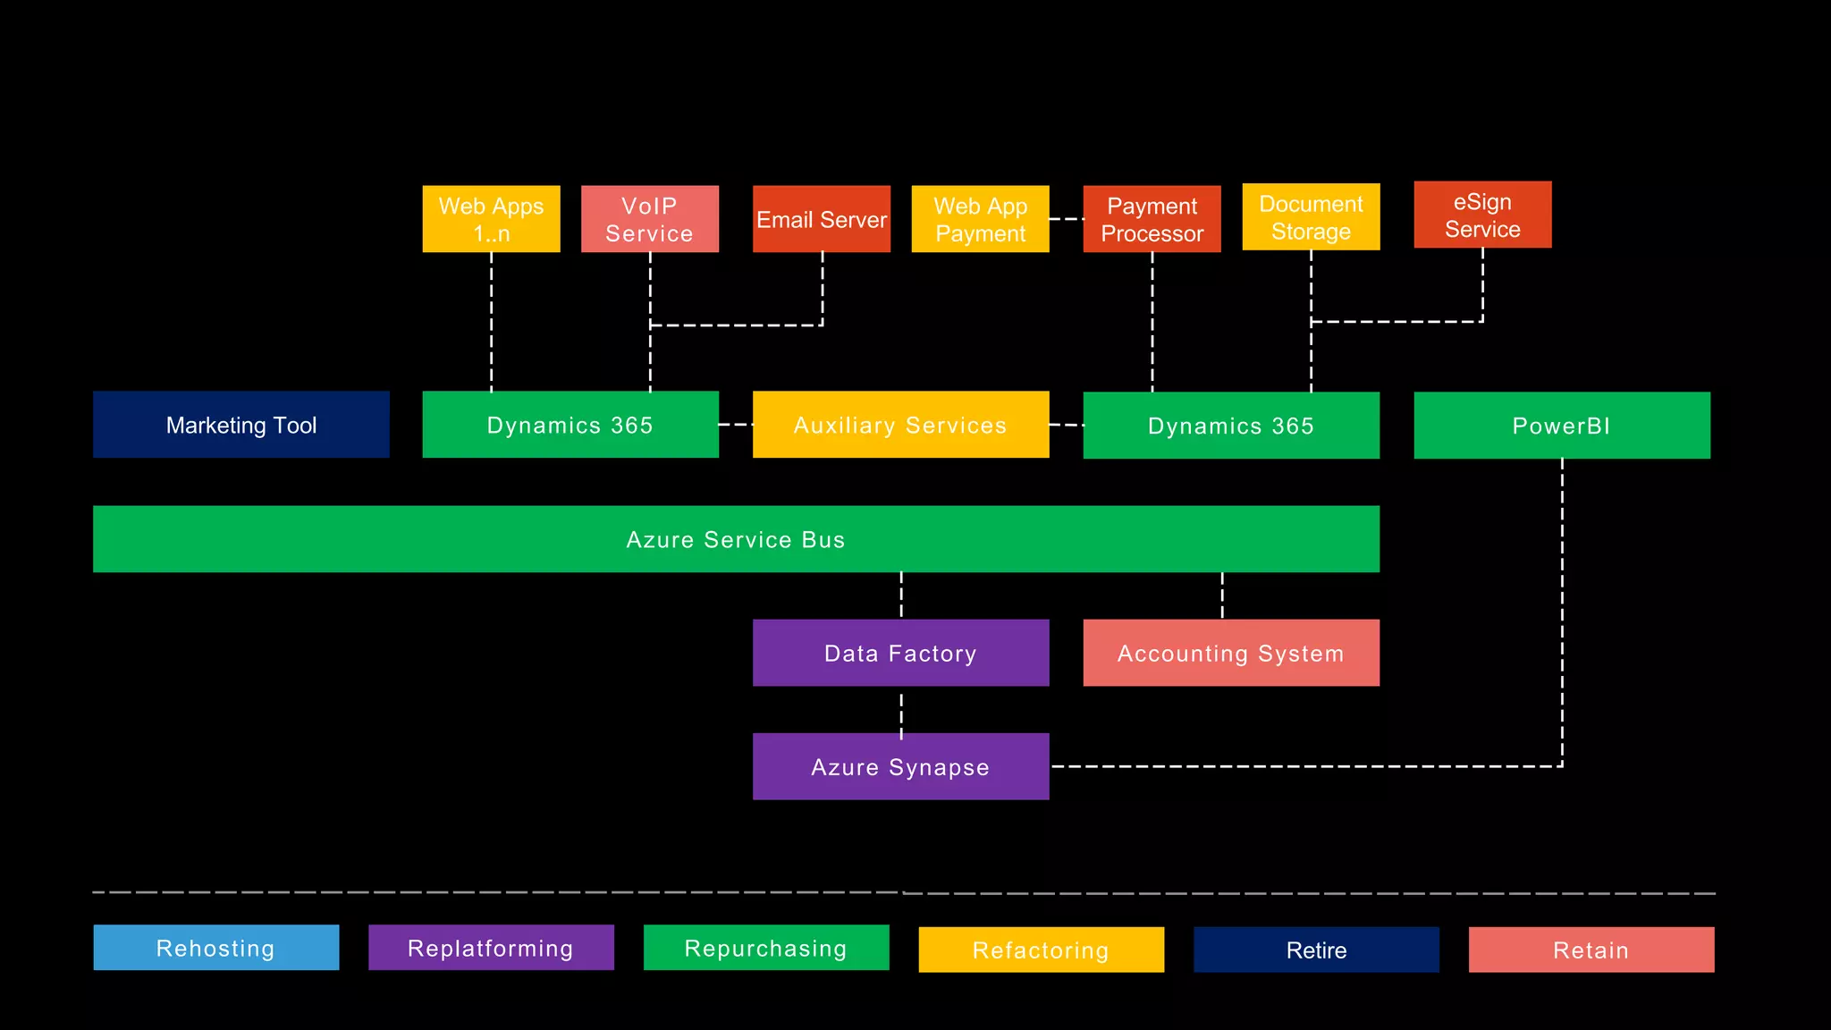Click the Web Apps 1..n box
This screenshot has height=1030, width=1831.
click(491, 219)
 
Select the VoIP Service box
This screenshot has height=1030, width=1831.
click(649, 219)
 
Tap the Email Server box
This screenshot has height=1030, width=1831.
click(821, 219)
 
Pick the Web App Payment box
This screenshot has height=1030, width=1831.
click(980, 219)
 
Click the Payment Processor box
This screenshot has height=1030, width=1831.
click(1152, 219)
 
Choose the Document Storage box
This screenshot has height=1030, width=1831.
click(1311, 216)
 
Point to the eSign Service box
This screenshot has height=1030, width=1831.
click(1482, 215)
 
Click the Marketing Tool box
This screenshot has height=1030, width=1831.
click(241, 425)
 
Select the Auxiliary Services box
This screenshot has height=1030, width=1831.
click(900, 425)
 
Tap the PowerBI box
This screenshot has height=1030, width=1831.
click(1561, 426)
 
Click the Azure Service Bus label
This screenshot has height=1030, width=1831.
click(735, 539)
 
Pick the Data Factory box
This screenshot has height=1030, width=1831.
click(900, 653)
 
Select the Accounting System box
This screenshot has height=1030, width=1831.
click(1230, 653)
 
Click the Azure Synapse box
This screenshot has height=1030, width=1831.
click(900, 766)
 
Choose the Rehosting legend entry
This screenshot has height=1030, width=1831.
click(215, 948)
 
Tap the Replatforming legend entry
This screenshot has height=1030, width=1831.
click(491, 948)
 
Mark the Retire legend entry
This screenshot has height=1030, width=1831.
click(1316, 950)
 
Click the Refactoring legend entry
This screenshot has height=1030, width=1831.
click(1041, 950)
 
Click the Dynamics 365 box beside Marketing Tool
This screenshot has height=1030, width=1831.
click(570, 425)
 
